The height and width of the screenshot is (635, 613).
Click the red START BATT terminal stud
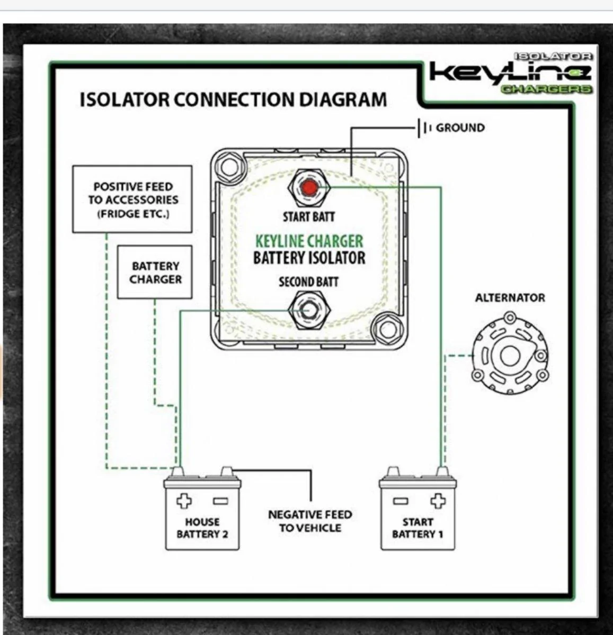click(x=309, y=188)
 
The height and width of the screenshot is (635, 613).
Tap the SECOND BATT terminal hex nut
click(x=309, y=310)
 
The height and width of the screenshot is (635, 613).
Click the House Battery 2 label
click(x=202, y=528)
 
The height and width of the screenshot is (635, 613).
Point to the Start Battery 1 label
click(x=417, y=528)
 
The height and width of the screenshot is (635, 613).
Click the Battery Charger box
click(x=155, y=272)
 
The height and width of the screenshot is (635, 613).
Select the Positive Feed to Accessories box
click(x=132, y=199)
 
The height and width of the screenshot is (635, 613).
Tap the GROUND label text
click(x=460, y=128)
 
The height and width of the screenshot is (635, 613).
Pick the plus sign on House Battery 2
click(x=184, y=501)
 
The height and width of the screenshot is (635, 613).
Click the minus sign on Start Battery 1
click(x=401, y=501)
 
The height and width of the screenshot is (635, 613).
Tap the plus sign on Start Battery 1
click(x=438, y=501)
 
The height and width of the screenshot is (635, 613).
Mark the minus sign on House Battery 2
click(x=220, y=501)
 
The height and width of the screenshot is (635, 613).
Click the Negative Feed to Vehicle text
click(x=310, y=521)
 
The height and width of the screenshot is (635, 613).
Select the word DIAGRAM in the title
click(x=343, y=99)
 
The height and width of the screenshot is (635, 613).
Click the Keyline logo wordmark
click(x=510, y=72)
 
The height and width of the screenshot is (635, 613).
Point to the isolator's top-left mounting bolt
click(x=230, y=167)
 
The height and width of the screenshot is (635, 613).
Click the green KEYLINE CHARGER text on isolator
click(x=309, y=241)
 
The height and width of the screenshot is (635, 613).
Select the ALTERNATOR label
click(x=510, y=297)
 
